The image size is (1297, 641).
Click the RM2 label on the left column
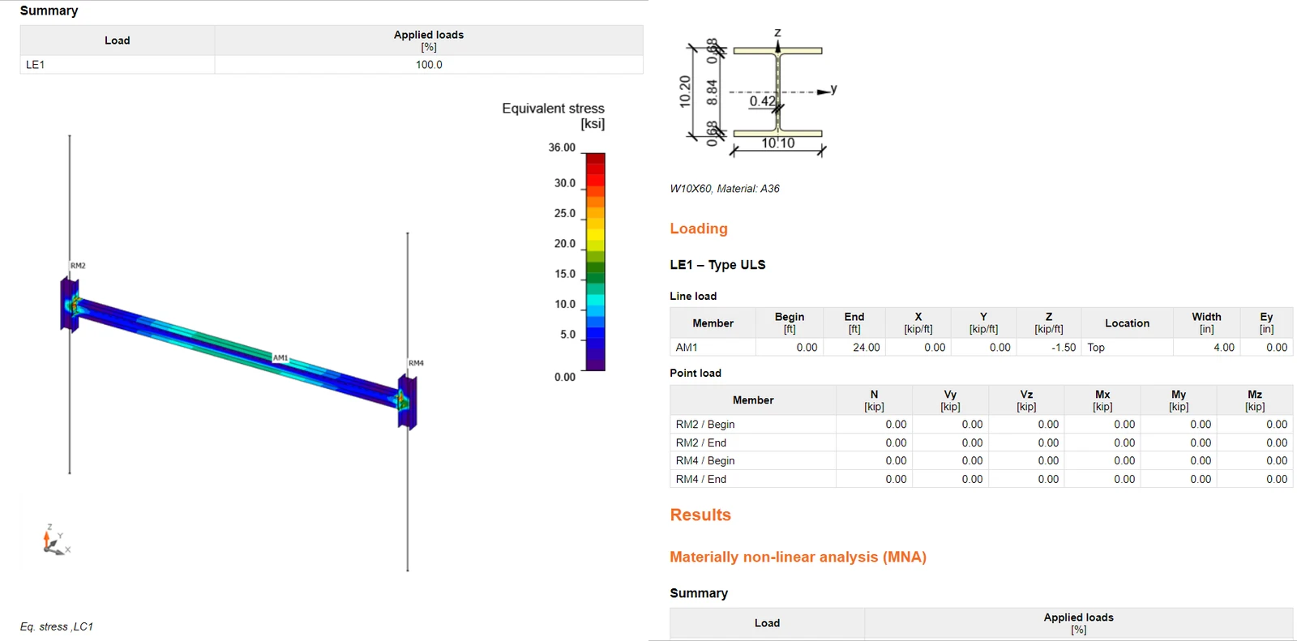[78, 266]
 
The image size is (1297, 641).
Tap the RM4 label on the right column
[416, 363]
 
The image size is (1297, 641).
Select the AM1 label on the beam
[280, 358]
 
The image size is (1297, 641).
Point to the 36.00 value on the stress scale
[562, 147]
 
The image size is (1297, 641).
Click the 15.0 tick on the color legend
[564, 274]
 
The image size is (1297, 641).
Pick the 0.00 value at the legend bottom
[564, 377]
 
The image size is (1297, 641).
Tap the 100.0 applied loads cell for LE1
[429, 65]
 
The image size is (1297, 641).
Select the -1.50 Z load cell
[1063, 348]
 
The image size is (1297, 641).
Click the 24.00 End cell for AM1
[866, 348]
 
